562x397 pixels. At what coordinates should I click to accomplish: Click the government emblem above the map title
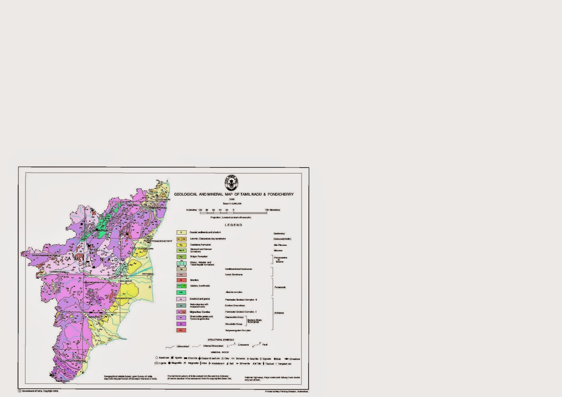point(231,183)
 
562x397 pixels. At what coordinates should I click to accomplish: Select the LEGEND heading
point(234,225)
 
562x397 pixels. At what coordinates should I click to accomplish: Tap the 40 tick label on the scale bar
point(220,210)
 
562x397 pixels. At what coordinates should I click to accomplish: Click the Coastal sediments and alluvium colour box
point(181,233)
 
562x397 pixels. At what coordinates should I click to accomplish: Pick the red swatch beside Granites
point(181,280)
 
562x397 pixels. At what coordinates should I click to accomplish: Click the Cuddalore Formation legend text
point(201,245)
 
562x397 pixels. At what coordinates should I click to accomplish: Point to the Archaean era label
point(279,313)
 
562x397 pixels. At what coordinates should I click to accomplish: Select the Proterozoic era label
point(280,287)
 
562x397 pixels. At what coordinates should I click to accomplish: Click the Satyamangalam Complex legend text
point(238,330)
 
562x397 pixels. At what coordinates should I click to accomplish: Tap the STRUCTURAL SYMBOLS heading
point(221,340)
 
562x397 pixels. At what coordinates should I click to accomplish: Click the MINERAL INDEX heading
point(220,352)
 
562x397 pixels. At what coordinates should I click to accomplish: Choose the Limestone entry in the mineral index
point(294,359)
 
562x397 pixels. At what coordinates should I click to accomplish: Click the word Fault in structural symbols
point(265,345)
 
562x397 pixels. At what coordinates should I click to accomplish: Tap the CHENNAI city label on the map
point(164,200)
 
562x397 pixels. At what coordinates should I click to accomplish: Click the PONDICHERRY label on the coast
point(162,241)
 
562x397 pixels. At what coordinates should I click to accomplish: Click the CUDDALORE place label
point(145,248)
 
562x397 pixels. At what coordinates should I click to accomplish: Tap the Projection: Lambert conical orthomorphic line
point(231,217)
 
